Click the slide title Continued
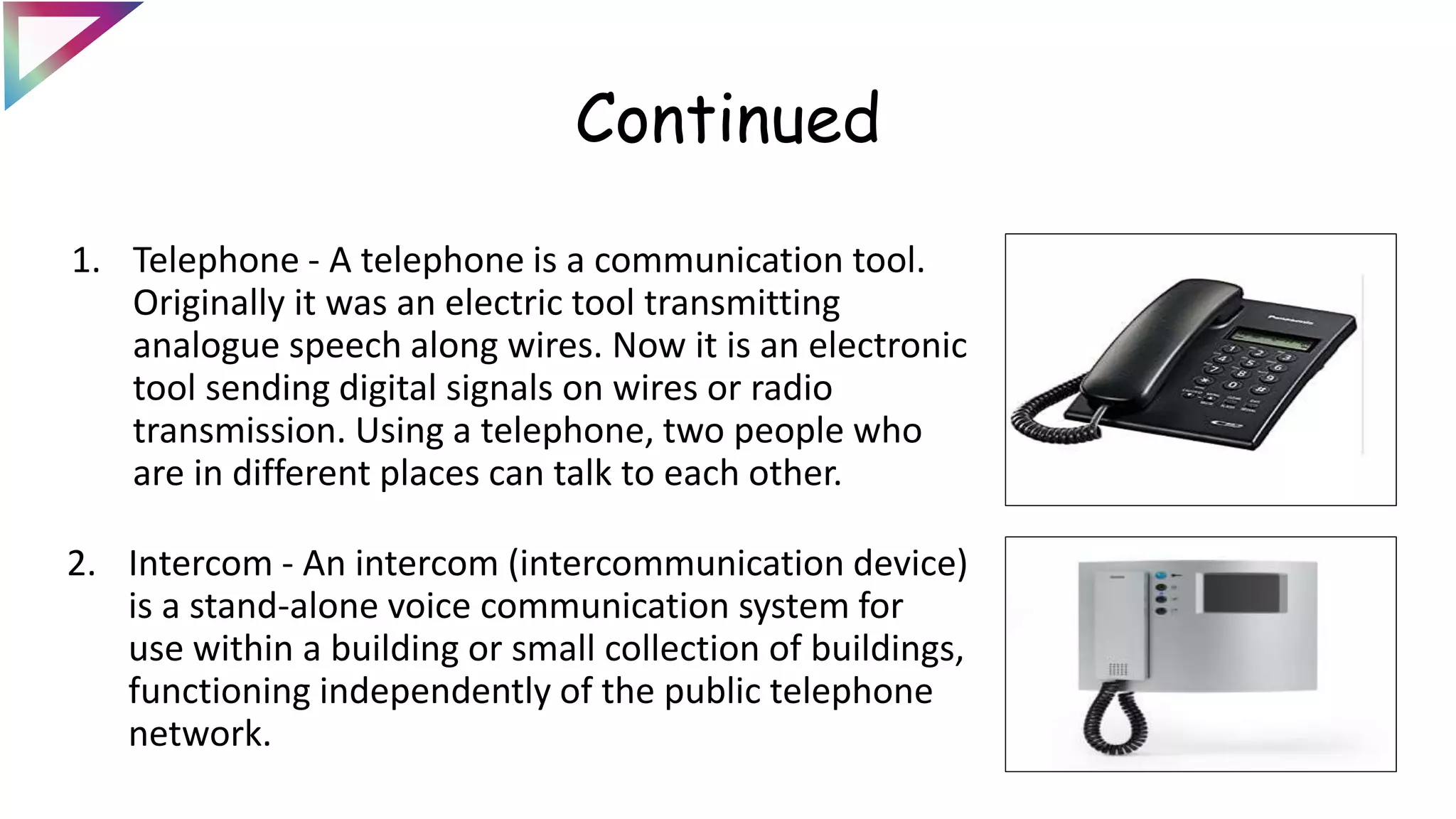[x=727, y=119]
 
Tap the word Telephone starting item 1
[x=215, y=260]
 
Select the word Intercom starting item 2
[x=200, y=564]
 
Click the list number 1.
[x=85, y=260]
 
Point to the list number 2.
[x=81, y=564]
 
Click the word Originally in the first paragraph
[x=208, y=304]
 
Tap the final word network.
[x=199, y=734]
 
